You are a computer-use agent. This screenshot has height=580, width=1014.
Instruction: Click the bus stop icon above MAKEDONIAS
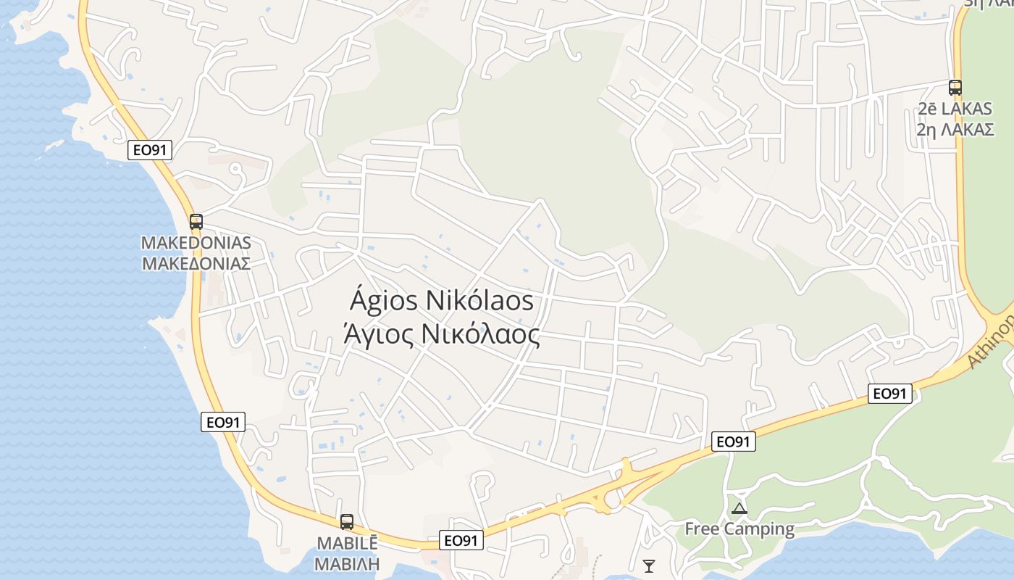point(196,222)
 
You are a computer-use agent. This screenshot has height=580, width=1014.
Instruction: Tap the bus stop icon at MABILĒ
point(347,521)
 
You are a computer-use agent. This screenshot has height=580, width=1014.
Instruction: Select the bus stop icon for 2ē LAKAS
point(955,88)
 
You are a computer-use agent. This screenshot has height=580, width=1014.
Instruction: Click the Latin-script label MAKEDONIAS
point(196,243)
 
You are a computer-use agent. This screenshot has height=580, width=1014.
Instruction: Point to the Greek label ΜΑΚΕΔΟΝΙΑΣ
point(196,262)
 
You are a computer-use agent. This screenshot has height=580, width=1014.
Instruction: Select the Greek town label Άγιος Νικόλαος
point(442,335)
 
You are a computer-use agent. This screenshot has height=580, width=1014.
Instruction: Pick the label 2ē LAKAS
point(955,109)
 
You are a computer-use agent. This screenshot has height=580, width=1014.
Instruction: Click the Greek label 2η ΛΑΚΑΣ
point(955,130)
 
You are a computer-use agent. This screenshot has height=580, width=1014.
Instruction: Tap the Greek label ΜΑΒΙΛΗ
point(348,563)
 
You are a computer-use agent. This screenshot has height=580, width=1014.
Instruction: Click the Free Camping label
point(739,529)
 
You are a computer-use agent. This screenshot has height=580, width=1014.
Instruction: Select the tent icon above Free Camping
point(739,508)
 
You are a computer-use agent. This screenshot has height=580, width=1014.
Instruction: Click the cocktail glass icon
point(649,565)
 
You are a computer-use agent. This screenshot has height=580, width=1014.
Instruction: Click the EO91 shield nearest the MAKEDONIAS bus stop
point(150,150)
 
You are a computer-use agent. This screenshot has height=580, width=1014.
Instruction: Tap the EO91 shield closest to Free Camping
point(734,442)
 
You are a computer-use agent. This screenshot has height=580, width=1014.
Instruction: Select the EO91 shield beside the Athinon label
point(889,394)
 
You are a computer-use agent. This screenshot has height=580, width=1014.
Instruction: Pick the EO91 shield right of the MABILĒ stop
point(461,540)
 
